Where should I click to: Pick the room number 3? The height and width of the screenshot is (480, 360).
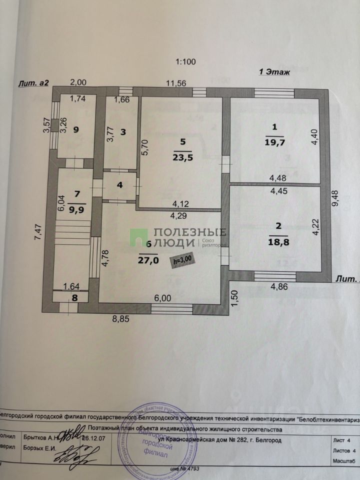(x=122, y=132)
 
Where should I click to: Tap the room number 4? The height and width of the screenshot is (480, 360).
(x=119, y=184)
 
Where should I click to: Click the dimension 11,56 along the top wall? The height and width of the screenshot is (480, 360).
(x=175, y=83)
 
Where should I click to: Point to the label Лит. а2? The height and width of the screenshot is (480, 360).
(x=33, y=83)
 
